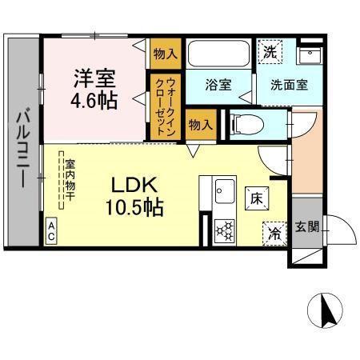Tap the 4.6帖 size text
[94, 102]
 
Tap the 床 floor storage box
[257, 196]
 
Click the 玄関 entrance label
[307, 227]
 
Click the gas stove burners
[225, 230]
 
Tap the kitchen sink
[223, 192]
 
